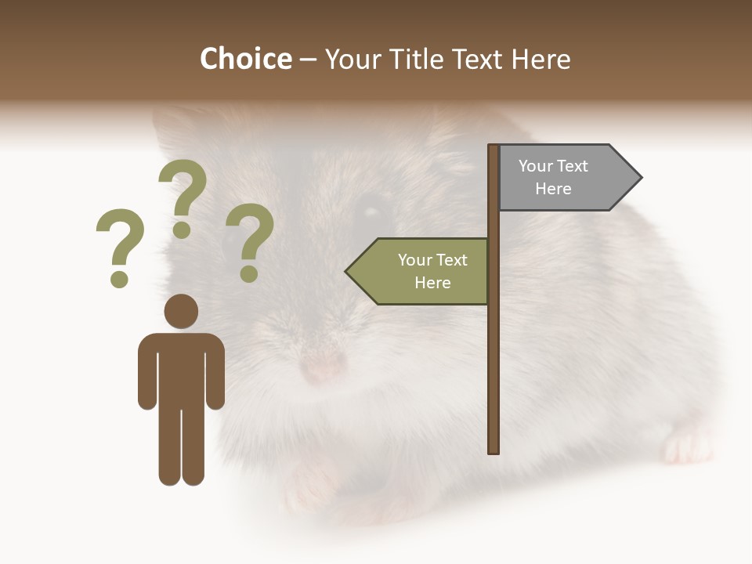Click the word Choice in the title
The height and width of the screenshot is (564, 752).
click(x=245, y=59)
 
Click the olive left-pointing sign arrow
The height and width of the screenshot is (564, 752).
click(x=419, y=271)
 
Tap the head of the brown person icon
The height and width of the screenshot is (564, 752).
click(x=181, y=311)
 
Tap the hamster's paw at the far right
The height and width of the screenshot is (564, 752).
click(x=688, y=446)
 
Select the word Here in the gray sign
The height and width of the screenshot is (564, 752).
click(x=553, y=189)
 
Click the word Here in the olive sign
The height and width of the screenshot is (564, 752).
click(x=432, y=283)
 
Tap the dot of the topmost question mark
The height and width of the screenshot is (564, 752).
click(x=182, y=230)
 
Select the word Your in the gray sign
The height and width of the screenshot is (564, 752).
click(x=536, y=166)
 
